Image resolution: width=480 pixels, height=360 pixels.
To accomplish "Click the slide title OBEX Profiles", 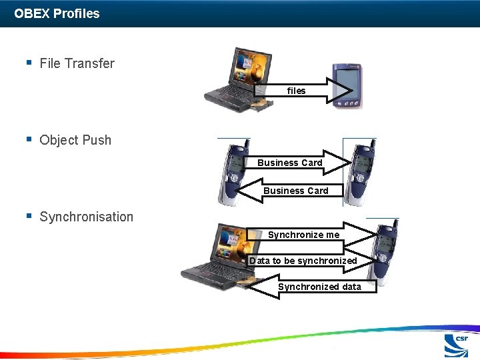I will [57, 13].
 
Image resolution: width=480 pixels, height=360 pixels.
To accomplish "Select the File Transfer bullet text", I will [77, 64].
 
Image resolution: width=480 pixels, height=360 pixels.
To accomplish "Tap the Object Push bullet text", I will [75, 141].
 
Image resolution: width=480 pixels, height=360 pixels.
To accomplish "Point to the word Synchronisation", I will [86, 217].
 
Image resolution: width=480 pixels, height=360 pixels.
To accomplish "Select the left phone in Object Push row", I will [233, 173].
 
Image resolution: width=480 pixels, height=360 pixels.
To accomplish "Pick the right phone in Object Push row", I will [360, 173].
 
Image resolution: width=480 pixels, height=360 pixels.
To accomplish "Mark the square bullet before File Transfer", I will [29, 63].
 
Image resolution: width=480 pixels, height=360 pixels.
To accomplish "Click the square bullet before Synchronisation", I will [29, 216].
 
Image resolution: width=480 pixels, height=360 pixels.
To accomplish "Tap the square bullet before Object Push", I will [29, 139].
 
